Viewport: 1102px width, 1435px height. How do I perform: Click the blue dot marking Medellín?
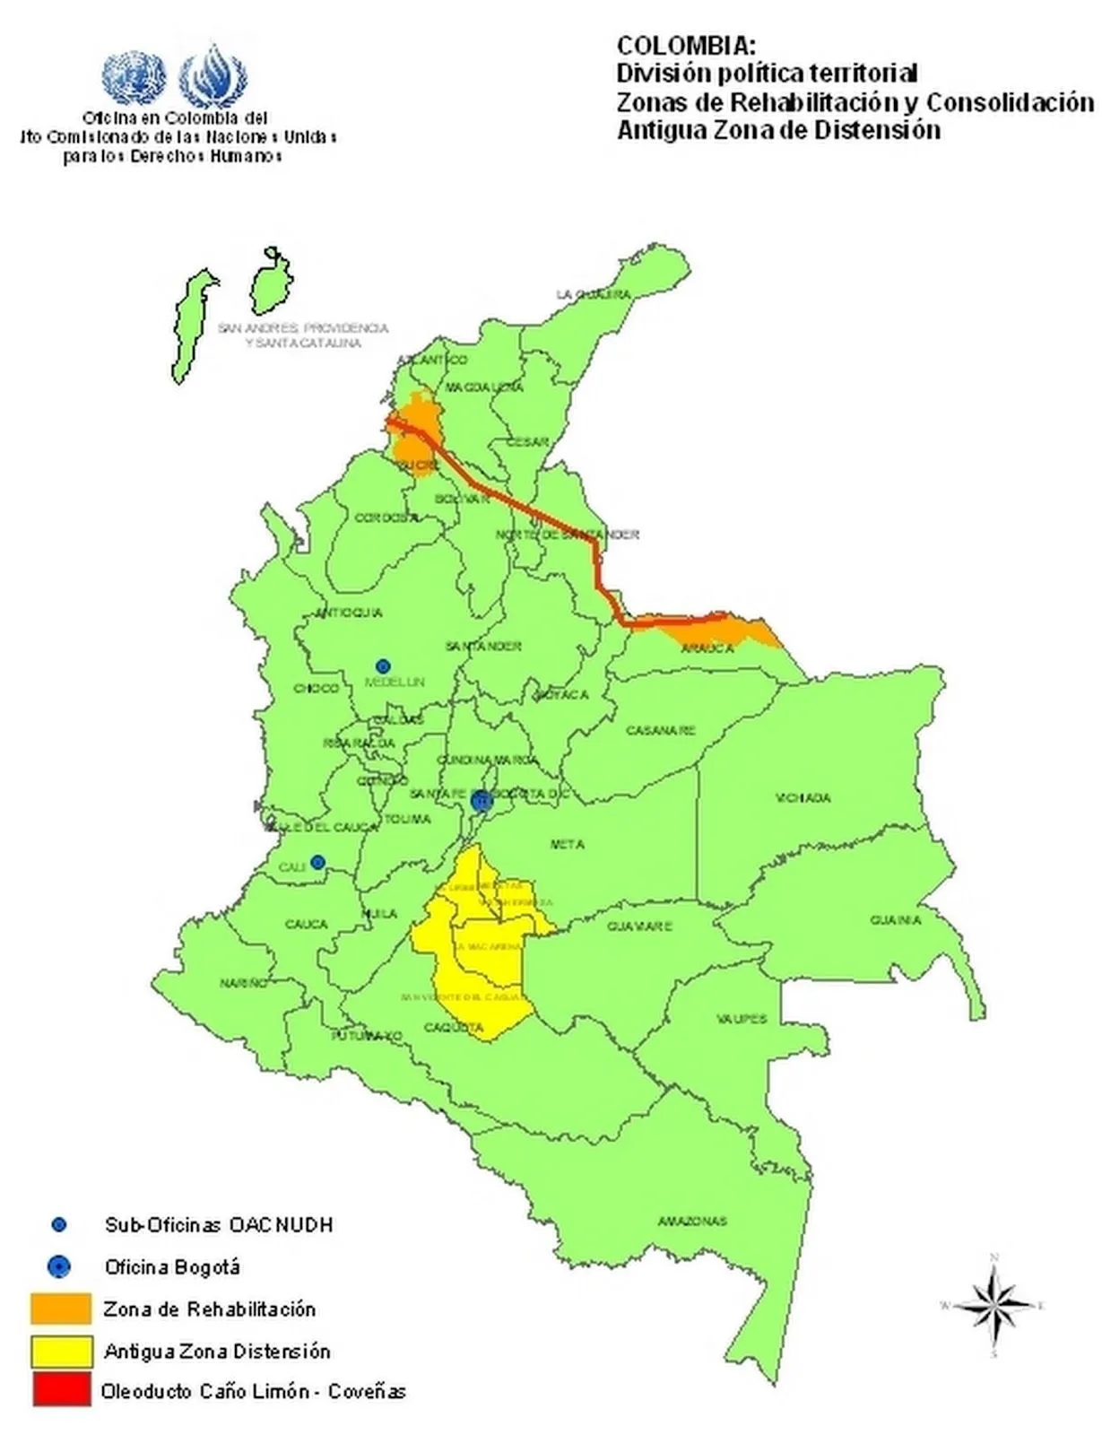point(383,665)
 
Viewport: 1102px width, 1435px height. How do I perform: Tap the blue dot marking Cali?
point(317,863)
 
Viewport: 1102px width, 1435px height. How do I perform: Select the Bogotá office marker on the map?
point(482,800)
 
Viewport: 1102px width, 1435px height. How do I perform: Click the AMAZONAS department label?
point(692,1221)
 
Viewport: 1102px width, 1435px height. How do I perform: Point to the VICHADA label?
point(803,797)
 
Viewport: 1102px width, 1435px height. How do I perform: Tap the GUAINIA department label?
point(895,920)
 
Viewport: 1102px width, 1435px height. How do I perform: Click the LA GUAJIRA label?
point(593,294)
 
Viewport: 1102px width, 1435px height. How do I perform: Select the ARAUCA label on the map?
point(707,648)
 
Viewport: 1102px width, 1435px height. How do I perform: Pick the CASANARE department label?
point(661,730)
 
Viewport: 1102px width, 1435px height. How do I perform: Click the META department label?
point(567,844)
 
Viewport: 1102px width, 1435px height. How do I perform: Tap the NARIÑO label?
point(243,983)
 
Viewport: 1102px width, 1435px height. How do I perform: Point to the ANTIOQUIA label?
point(349,613)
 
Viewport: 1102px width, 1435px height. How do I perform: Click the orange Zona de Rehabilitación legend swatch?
point(61,1309)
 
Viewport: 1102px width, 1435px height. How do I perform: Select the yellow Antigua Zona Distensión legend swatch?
point(61,1351)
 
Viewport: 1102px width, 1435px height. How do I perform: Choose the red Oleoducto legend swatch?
point(61,1390)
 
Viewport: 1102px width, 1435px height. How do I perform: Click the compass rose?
point(994,1305)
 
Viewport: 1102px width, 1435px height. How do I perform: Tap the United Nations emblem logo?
point(134,77)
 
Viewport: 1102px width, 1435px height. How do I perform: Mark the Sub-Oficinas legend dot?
point(59,1224)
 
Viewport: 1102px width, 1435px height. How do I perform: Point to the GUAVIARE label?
point(639,926)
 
